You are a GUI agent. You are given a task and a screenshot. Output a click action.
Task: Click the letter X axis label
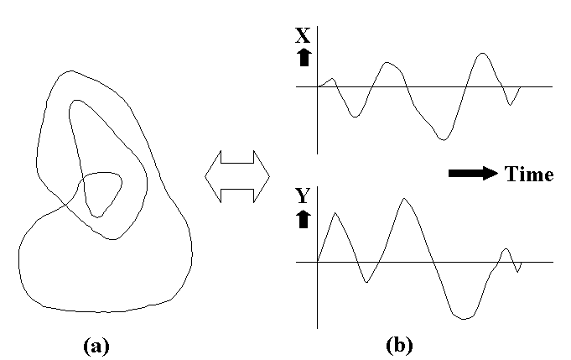point(303,35)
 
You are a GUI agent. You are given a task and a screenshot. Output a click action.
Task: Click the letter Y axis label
point(303,196)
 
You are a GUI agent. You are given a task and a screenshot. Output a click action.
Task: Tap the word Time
point(529,174)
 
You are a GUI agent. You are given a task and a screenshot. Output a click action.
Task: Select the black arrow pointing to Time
point(473,174)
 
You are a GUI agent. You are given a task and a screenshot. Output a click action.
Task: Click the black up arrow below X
point(304,58)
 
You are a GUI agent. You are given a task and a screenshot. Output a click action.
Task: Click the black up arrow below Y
point(304,219)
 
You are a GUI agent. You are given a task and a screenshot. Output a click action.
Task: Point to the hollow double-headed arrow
point(237,176)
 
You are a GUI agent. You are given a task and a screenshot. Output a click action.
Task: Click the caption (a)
point(96,346)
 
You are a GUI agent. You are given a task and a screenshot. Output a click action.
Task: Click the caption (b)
point(399,345)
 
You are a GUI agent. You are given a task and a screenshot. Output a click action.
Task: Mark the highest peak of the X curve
point(482,53)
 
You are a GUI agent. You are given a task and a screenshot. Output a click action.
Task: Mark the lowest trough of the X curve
point(443,140)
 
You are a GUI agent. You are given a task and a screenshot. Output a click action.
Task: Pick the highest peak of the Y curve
point(404,198)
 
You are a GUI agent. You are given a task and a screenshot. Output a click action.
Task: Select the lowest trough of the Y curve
point(463,319)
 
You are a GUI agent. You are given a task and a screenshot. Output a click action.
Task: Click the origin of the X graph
point(318,86)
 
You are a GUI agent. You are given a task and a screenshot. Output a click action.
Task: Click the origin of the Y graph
point(318,262)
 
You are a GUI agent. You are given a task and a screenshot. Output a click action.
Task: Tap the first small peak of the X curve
point(332,78)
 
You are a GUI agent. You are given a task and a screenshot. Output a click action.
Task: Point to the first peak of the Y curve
point(335,213)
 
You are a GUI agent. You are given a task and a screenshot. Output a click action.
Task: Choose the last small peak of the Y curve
point(506,249)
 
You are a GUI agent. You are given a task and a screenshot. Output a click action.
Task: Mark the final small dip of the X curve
point(510,105)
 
